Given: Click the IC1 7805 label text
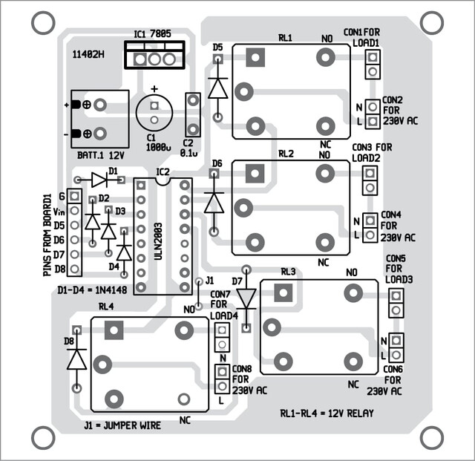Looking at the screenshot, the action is (x=152, y=34).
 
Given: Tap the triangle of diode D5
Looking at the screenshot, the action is (x=217, y=88).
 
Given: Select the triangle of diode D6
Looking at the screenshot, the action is (x=214, y=203).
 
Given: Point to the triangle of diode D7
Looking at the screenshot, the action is (x=246, y=298).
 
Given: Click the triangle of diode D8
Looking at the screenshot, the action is (x=76, y=359).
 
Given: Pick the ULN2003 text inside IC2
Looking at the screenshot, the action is (x=158, y=241).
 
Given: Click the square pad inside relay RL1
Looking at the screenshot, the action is (x=255, y=58).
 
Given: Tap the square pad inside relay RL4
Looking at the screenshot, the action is (x=114, y=330).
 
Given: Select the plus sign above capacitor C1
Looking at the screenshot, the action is (x=154, y=89).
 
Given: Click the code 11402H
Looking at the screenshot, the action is (x=88, y=54).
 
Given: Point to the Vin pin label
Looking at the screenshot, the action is (x=59, y=212).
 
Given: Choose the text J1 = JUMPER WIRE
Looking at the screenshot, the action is (x=122, y=425).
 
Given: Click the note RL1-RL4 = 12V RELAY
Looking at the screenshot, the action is (x=327, y=413).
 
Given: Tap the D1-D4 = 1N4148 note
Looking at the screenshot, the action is (x=92, y=290).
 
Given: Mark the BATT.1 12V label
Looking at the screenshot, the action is (x=101, y=155).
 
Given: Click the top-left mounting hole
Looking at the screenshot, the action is (x=43, y=23).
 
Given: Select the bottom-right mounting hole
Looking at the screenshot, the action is (x=432, y=438).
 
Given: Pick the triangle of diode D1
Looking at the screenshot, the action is (x=99, y=180).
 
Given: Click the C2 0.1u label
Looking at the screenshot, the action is (x=189, y=148).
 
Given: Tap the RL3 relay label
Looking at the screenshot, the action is (x=288, y=272).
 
